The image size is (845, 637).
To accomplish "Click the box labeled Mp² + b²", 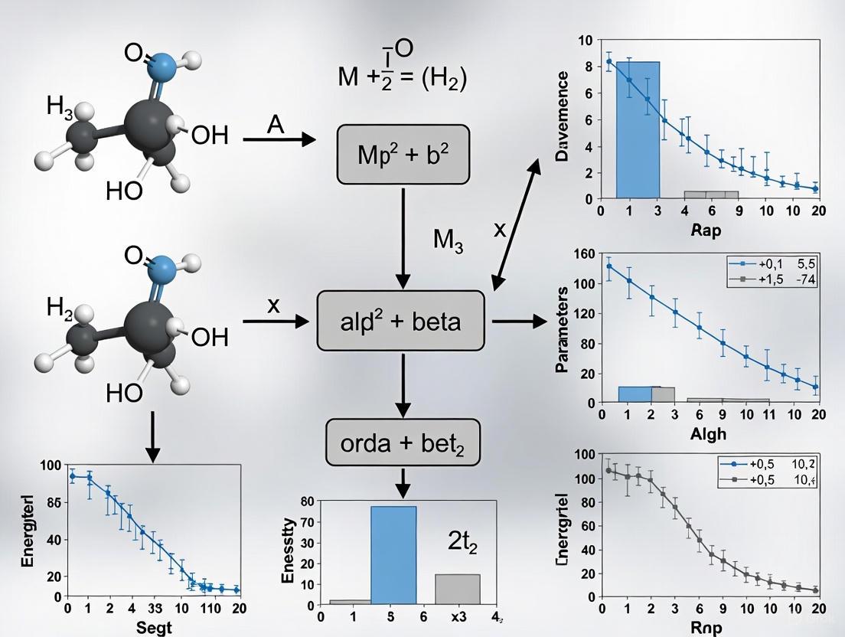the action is click(x=403, y=155).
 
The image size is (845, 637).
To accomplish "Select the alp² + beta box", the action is click(x=400, y=321).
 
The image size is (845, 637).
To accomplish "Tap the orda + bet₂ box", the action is click(x=403, y=442).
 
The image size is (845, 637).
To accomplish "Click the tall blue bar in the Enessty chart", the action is click(x=393, y=555).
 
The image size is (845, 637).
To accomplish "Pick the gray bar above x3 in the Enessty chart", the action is click(x=457, y=589).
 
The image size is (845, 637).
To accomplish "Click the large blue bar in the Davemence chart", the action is click(x=638, y=129).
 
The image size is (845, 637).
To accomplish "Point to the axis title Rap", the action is click(x=705, y=230).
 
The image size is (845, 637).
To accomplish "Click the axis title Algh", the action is click(x=707, y=434).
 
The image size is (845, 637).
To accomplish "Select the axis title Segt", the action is click(x=154, y=627).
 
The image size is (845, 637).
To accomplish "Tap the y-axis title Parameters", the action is click(x=563, y=329).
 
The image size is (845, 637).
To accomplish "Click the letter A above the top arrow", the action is click(x=276, y=125).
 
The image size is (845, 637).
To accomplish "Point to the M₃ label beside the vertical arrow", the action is click(x=449, y=240).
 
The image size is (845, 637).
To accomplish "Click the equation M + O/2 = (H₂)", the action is click(x=402, y=69).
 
